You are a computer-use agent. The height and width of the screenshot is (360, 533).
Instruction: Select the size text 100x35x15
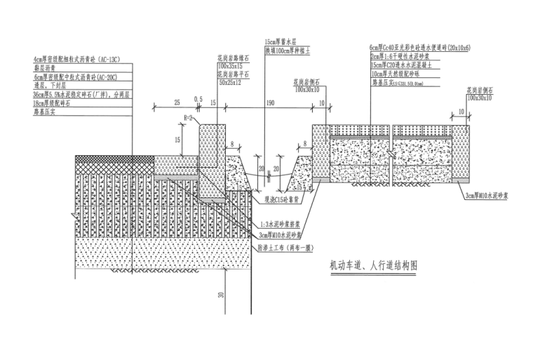[x=231, y=67]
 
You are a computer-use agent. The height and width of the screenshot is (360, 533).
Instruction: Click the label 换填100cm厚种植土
[x=288, y=51]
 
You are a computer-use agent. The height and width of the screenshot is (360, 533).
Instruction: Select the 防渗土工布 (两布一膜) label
[x=289, y=246]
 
